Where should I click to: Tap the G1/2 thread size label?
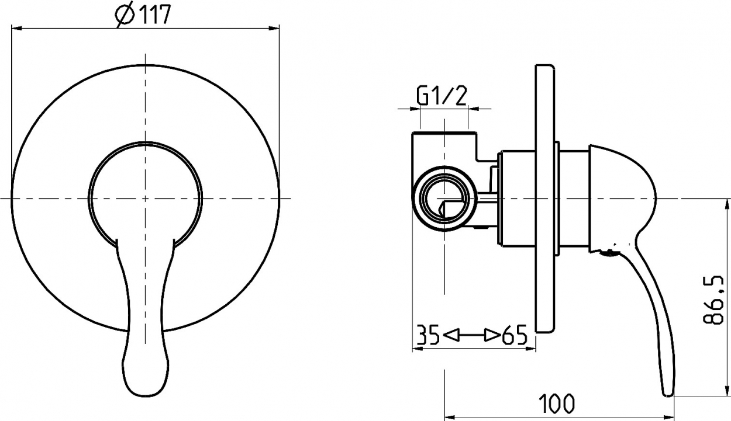(442, 96)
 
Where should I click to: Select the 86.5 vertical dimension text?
(715, 300)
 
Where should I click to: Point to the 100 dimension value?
(557, 403)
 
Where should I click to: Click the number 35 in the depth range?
(429, 335)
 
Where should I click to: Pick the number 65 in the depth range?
(515, 335)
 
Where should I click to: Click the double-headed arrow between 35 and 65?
(471, 335)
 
